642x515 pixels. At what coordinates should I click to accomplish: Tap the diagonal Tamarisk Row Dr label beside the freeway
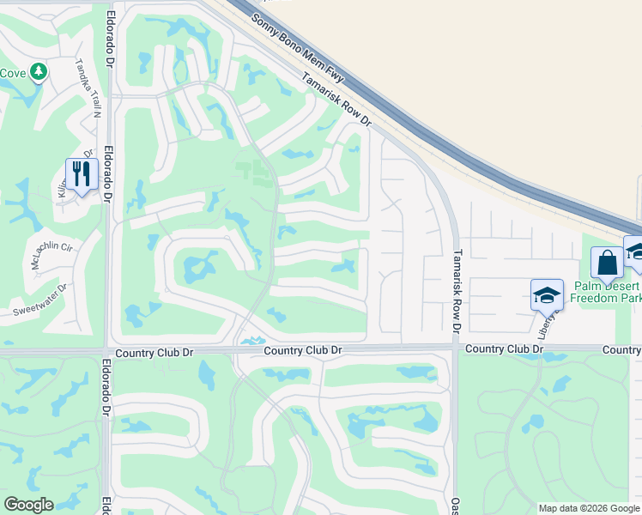click(336, 101)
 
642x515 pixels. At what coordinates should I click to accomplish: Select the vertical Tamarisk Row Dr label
click(457, 291)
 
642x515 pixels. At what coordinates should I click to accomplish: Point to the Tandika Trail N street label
click(88, 88)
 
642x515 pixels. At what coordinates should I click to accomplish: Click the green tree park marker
click(39, 72)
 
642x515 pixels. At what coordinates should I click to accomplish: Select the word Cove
click(12, 73)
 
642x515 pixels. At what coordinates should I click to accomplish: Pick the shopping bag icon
click(607, 262)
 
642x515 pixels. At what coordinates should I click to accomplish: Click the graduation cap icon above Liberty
click(546, 295)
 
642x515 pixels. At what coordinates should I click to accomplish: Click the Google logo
click(28, 505)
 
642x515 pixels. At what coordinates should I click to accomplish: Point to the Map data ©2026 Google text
click(588, 508)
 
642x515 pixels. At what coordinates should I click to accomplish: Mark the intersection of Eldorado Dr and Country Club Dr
click(106, 351)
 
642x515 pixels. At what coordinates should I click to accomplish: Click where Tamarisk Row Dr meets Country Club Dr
click(454, 348)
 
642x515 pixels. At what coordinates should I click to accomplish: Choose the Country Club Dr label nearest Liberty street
click(505, 349)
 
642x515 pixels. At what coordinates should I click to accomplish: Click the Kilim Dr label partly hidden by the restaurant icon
click(64, 185)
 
